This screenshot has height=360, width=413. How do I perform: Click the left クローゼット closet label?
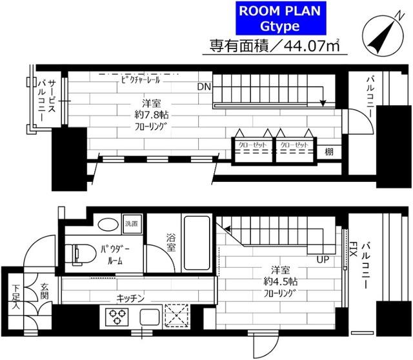(251, 146)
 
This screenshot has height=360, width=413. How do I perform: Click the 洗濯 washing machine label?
(132, 223)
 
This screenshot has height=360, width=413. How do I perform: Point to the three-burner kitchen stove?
(119, 317)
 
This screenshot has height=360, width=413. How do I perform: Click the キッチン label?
(134, 298)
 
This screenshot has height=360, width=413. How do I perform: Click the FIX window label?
(354, 248)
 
